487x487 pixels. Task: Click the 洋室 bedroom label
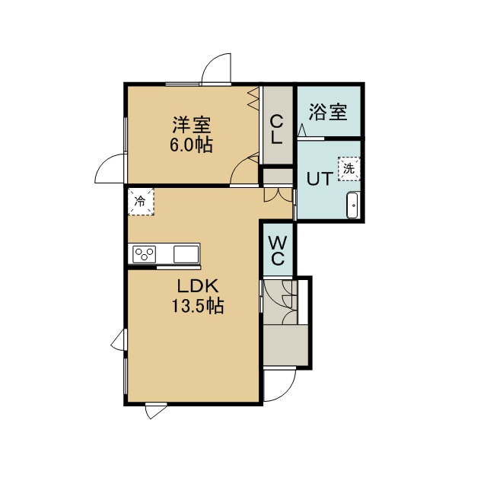pos(192,125)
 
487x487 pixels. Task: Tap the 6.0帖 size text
pos(191,145)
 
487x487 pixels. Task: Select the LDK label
pos(198,286)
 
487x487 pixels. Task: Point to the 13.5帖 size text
pos(198,306)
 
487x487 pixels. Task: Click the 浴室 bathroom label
pos(328,112)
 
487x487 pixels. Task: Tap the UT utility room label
pos(320,179)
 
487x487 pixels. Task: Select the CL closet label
pos(276,129)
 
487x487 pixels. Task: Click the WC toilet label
pos(277,251)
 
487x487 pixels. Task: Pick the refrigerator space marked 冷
pos(141,202)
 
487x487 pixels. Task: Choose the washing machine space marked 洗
pos(349,169)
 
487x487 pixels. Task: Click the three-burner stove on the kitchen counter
pos(144,254)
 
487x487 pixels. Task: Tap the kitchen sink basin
pos(186,254)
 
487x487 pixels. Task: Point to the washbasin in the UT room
pos(353,205)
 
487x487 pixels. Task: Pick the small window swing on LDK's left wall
pos(119,340)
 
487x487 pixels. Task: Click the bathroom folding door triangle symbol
pos(302,130)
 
